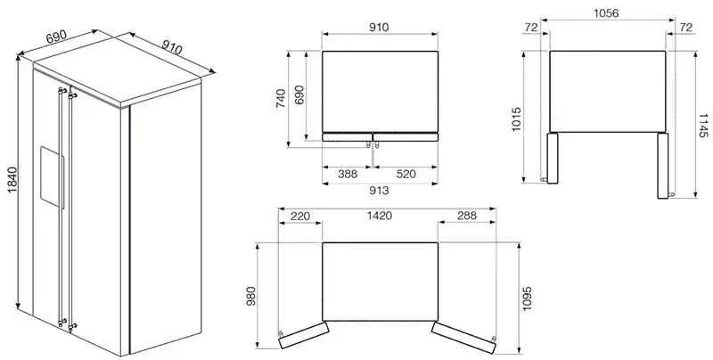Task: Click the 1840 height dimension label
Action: coord(12,179)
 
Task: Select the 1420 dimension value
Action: coord(380,216)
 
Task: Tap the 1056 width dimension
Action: coord(606,13)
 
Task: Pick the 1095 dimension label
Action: coord(528,299)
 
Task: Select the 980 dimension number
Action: coord(251,296)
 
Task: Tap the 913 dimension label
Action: coord(380,191)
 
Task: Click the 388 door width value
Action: coord(348,174)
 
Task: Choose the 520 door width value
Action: coord(406,174)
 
